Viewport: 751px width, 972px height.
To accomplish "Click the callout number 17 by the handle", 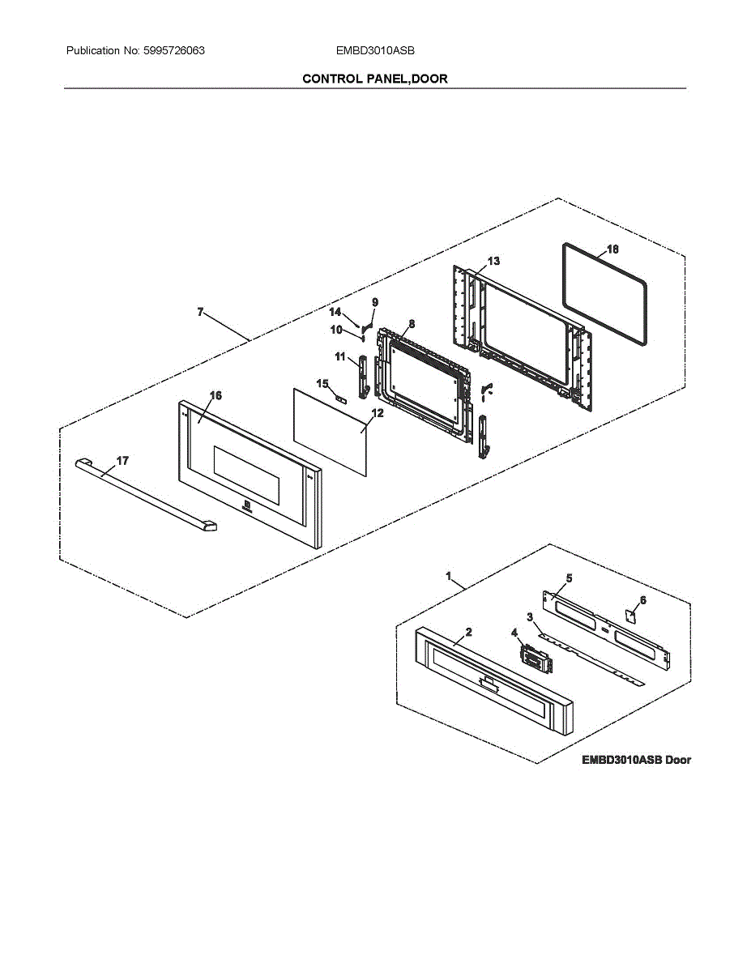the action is [122, 460].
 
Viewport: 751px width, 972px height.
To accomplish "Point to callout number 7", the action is [200, 312].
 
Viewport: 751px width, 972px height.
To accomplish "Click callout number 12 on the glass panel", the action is [377, 412].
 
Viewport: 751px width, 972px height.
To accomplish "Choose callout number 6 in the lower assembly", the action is [643, 600].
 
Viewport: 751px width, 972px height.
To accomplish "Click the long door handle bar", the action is [146, 496].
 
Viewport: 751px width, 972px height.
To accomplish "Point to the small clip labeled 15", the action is [341, 399].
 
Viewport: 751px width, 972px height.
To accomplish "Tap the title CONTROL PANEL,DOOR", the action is [374, 79].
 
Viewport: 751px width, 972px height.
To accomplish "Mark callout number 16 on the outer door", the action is [215, 395].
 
